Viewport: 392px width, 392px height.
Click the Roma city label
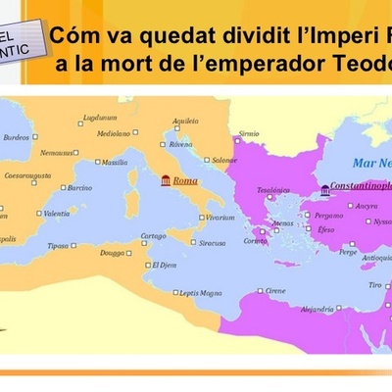(x=185, y=180)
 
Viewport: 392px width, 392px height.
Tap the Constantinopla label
(x=361, y=184)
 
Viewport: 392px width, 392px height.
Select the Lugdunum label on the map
(x=100, y=117)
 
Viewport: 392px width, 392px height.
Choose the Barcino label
(x=77, y=187)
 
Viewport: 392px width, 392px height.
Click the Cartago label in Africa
(x=153, y=235)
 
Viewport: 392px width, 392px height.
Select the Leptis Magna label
(x=202, y=292)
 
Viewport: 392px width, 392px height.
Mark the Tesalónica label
(x=275, y=190)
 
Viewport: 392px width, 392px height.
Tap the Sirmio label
(x=249, y=132)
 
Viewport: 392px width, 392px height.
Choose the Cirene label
(x=276, y=291)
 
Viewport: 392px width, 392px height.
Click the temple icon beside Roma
(x=165, y=180)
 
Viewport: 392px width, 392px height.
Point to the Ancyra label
(x=367, y=206)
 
